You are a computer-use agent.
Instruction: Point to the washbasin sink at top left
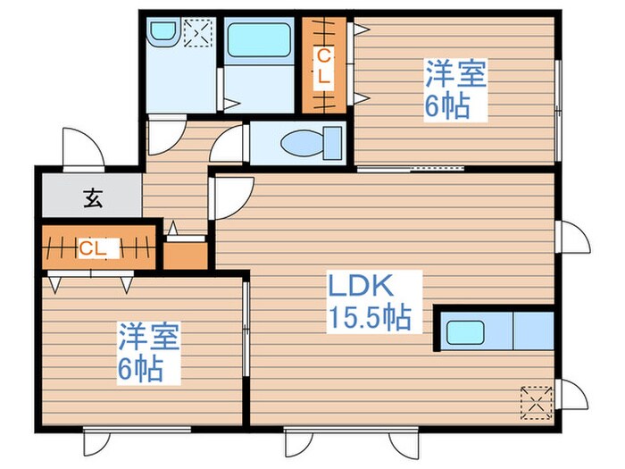pos(162,33)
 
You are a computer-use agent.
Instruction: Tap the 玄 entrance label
pos(92,198)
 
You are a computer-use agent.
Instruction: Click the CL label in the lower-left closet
pos(92,247)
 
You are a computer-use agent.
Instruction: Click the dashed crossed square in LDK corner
pos(537,399)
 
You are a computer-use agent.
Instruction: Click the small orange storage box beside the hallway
pos(185,254)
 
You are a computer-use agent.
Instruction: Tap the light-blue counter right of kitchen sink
pos(532,331)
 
